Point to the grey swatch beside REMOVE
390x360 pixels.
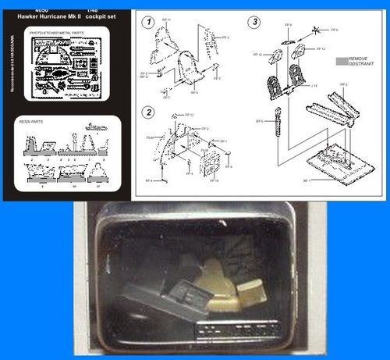[341, 59]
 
